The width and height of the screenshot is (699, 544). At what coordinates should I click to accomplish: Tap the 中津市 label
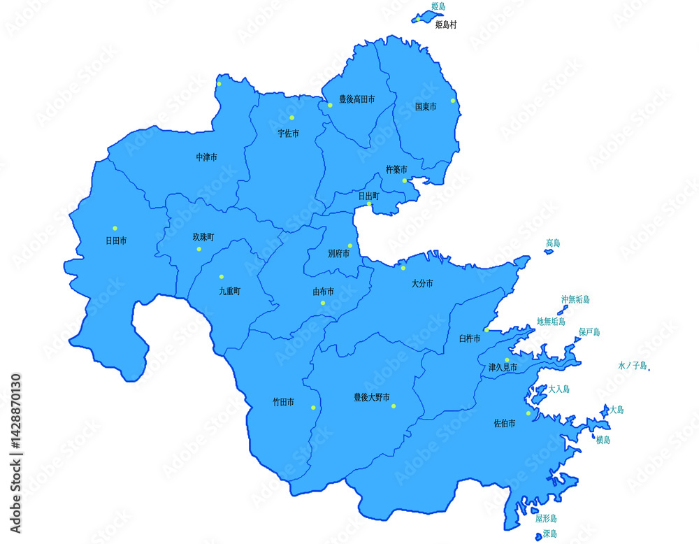[206, 157]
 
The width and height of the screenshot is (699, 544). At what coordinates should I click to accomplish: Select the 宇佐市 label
[288, 133]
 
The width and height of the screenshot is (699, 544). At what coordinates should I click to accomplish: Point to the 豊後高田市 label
[356, 100]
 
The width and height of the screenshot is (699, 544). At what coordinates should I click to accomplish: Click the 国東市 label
[425, 107]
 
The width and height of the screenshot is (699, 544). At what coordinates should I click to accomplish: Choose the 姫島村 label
[445, 24]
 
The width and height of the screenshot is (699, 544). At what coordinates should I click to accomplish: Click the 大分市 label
[422, 284]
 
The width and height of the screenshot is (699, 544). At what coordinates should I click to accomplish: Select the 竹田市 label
[283, 403]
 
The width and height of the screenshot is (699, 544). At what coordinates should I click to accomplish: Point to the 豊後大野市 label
[371, 397]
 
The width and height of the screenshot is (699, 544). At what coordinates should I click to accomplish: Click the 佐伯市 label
[505, 424]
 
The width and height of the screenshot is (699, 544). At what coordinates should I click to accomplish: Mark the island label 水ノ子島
[633, 366]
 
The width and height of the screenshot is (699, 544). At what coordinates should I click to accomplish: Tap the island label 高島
[553, 243]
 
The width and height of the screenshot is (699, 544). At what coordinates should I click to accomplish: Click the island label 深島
[550, 534]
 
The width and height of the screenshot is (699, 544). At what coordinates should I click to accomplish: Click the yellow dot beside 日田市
[115, 228]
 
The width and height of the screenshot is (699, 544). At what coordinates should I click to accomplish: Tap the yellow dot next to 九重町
[222, 277]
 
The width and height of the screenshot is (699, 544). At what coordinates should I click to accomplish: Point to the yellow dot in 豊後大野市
[394, 406]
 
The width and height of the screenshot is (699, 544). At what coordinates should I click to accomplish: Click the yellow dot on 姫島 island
[417, 19]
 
